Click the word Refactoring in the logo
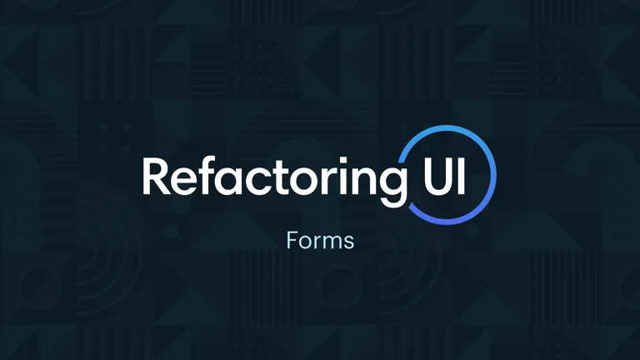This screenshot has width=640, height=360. [274, 180]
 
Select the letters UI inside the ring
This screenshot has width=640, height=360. [444, 176]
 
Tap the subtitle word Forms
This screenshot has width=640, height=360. [320, 240]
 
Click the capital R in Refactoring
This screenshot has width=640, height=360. [157, 176]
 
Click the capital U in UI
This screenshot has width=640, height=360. [437, 177]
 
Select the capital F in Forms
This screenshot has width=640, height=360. [292, 240]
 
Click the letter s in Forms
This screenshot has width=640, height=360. [349, 242]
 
